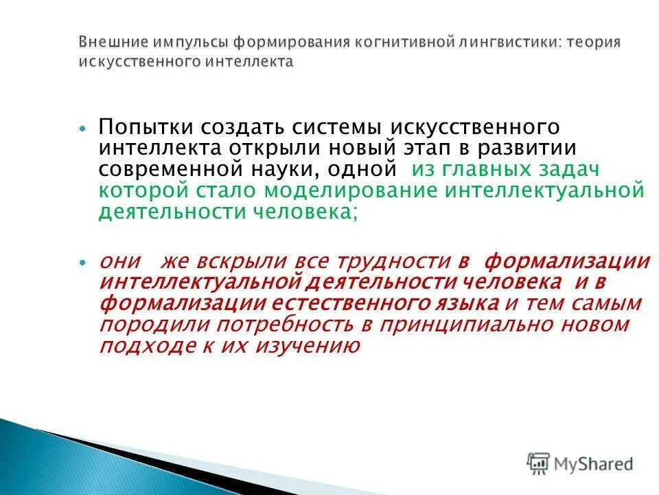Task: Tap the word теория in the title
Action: (x=594, y=43)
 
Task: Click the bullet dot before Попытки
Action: (x=83, y=129)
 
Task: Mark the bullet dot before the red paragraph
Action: (x=83, y=263)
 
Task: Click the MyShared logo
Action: (x=580, y=463)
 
